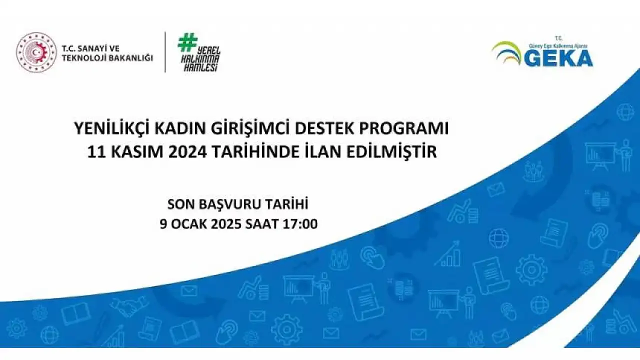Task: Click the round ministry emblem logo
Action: click(36, 52)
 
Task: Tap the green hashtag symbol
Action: click(187, 42)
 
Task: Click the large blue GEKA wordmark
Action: click(558, 58)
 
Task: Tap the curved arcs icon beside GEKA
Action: click(506, 53)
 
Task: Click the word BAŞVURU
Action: click(229, 204)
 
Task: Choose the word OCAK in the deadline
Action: click(189, 223)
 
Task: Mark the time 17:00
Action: click(300, 223)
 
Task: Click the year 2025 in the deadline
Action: click(226, 223)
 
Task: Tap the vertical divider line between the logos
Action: click(165, 52)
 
